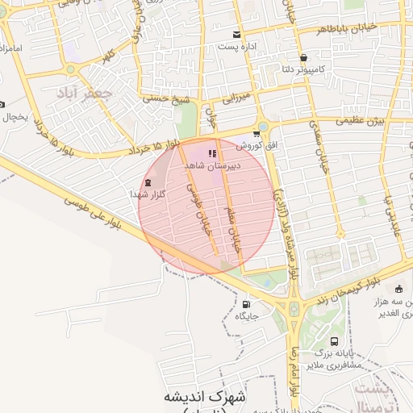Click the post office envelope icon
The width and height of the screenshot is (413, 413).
click(236, 35)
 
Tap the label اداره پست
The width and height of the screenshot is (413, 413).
click(236, 47)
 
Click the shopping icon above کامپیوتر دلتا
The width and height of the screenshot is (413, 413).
click(303, 58)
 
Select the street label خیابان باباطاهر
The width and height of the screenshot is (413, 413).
click(322, 28)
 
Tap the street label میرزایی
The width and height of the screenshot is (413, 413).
click(236, 98)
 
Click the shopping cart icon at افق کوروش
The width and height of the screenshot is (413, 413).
click(257, 135)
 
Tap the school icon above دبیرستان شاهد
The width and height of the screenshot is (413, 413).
click(212, 152)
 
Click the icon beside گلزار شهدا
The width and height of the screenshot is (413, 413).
click(148, 182)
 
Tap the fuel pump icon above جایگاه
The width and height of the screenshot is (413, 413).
click(246, 304)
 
